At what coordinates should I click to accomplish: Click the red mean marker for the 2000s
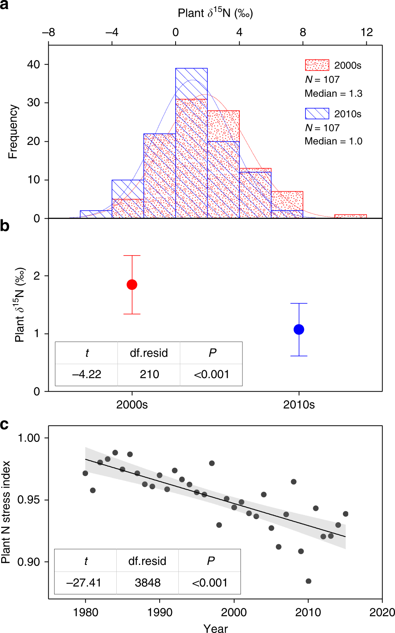(132, 285)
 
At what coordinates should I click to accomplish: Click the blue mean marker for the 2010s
(299, 329)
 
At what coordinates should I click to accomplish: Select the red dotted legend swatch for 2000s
(317, 65)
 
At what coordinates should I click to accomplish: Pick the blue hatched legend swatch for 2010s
(317, 113)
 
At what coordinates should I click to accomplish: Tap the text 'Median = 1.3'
(333, 94)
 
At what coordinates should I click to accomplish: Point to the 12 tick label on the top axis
(366, 32)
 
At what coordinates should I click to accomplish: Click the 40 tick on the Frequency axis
(33, 64)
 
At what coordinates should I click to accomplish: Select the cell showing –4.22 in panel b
(86, 375)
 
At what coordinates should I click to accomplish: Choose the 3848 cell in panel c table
(147, 583)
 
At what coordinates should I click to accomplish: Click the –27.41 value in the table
(84, 583)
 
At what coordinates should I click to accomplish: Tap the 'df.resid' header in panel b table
(149, 353)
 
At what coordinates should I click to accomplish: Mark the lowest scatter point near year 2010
(309, 581)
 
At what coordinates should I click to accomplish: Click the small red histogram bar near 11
(350, 216)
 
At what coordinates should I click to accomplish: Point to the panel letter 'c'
(4, 425)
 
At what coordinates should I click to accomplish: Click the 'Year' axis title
(215, 628)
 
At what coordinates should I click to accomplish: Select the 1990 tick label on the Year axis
(160, 612)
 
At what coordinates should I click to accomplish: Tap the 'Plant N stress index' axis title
(6, 512)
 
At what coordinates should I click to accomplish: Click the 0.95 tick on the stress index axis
(29, 500)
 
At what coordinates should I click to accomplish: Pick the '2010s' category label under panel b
(299, 405)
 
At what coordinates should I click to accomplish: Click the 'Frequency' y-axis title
(13, 132)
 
